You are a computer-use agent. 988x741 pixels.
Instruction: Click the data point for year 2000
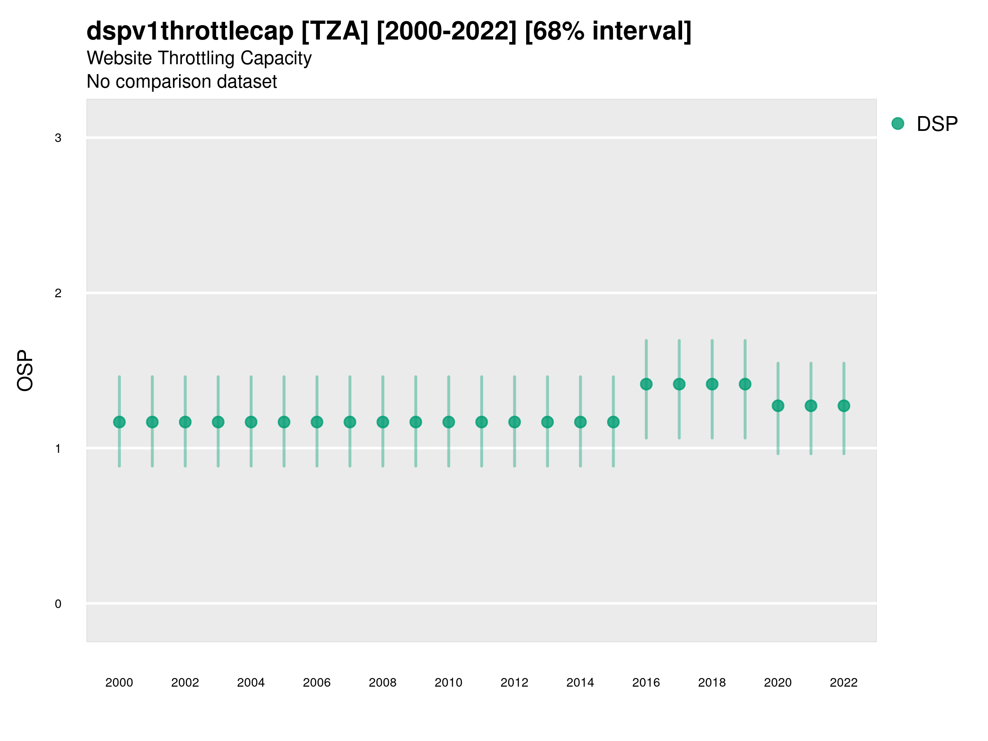click(119, 422)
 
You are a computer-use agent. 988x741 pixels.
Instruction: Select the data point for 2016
click(646, 384)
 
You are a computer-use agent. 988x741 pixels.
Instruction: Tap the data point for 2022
click(844, 405)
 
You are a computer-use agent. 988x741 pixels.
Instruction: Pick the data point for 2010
click(448, 422)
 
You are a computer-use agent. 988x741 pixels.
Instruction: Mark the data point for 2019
click(745, 384)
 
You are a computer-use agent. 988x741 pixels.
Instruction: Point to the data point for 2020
click(778, 405)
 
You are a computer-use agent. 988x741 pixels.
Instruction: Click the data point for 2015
click(613, 422)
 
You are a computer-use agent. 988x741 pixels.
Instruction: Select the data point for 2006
click(317, 422)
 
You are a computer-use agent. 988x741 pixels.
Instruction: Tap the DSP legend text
click(937, 124)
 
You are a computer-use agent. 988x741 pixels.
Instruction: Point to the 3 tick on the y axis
click(58, 138)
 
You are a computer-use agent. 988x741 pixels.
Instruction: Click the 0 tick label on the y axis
click(58, 604)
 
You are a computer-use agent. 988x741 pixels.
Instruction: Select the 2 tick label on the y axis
click(58, 294)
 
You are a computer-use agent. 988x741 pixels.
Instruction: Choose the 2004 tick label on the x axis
click(251, 683)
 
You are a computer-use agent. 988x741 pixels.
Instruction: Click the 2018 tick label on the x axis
click(712, 683)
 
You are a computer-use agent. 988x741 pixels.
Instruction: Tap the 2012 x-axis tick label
click(514, 683)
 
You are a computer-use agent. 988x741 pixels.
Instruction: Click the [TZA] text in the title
click(335, 31)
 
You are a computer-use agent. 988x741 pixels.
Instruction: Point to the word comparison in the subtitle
click(172, 82)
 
